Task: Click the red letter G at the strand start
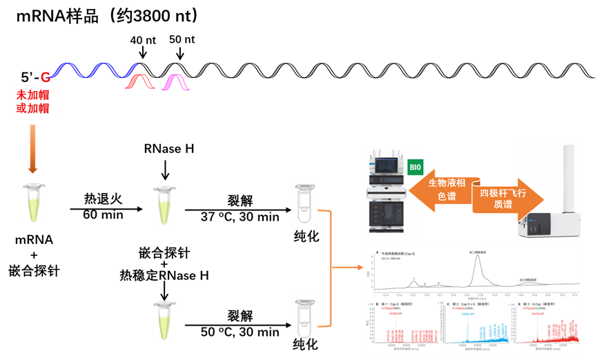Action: pos(46,76)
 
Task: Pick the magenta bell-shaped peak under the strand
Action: pos(175,83)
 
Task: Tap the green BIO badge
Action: pos(415,168)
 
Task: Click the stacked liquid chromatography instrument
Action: pos(386,190)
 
